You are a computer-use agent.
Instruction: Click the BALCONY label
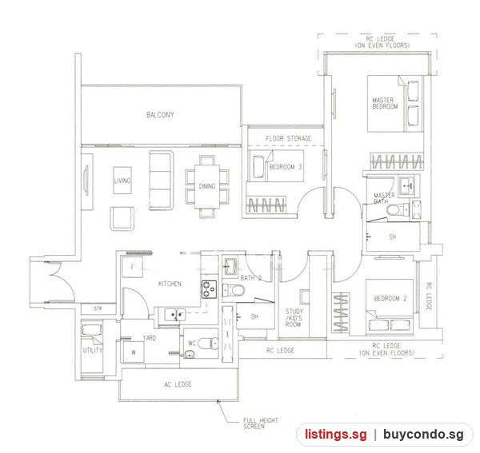(x=160, y=115)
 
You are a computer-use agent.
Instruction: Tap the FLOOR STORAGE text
(x=288, y=138)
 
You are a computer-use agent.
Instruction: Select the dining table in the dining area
(x=207, y=186)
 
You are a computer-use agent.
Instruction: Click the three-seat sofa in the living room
(x=161, y=181)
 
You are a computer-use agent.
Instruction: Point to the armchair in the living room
(x=122, y=218)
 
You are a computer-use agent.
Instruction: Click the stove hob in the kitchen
(x=209, y=289)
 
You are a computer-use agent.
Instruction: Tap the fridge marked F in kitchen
(x=132, y=267)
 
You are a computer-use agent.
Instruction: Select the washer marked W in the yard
(x=134, y=352)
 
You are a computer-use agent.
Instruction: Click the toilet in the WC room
(x=208, y=344)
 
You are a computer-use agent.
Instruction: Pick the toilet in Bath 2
(x=234, y=290)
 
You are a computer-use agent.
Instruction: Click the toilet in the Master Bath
(x=398, y=210)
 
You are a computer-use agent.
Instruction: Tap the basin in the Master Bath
(x=409, y=185)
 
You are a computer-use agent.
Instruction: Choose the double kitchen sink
(x=174, y=314)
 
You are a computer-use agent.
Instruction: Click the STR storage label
(x=98, y=308)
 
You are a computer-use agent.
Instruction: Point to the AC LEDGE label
(x=178, y=384)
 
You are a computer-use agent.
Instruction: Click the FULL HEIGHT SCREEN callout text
(x=261, y=423)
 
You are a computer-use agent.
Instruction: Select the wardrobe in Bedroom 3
(x=266, y=205)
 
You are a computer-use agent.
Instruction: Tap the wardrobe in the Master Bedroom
(x=397, y=161)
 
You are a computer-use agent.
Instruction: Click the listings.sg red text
(x=335, y=435)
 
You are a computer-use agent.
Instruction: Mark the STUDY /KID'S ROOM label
(x=294, y=318)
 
